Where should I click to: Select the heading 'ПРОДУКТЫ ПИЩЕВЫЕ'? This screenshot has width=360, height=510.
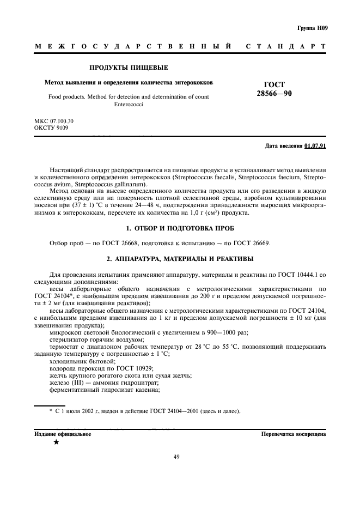point(129,68)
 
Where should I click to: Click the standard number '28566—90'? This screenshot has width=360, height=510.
point(274,94)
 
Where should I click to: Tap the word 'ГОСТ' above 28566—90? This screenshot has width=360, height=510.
point(274,84)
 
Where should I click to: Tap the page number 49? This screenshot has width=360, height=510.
point(176,457)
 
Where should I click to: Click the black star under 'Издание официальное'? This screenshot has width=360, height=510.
point(56,442)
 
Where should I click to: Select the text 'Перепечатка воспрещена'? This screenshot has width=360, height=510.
point(294,434)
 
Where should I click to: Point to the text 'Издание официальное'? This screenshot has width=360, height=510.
point(63,434)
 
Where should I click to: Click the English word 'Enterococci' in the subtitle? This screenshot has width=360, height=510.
point(128,104)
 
